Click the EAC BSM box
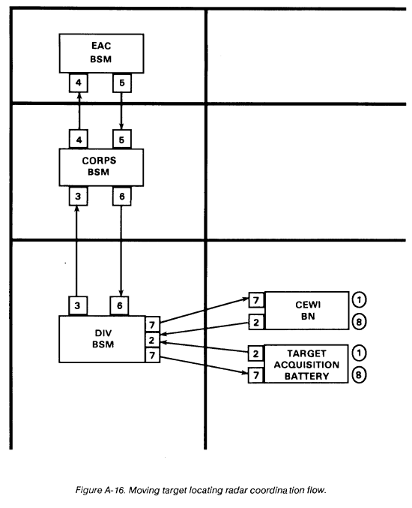(x=101, y=53)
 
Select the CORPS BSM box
(x=101, y=167)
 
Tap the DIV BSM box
(x=102, y=339)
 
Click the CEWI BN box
(x=306, y=311)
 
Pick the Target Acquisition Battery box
(x=306, y=364)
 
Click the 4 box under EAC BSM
(x=78, y=83)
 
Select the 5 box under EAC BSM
(x=122, y=83)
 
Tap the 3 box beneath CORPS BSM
(x=78, y=196)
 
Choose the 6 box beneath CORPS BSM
(x=122, y=196)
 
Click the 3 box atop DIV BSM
(x=78, y=305)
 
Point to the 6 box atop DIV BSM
(x=119, y=305)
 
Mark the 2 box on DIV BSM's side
(x=152, y=340)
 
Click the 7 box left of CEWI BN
(x=256, y=300)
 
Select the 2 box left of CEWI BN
(x=256, y=322)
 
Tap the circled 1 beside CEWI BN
(x=359, y=299)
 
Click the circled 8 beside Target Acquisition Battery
(x=359, y=375)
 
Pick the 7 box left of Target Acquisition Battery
(x=256, y=375)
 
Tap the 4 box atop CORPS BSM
(x=78, y=140)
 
